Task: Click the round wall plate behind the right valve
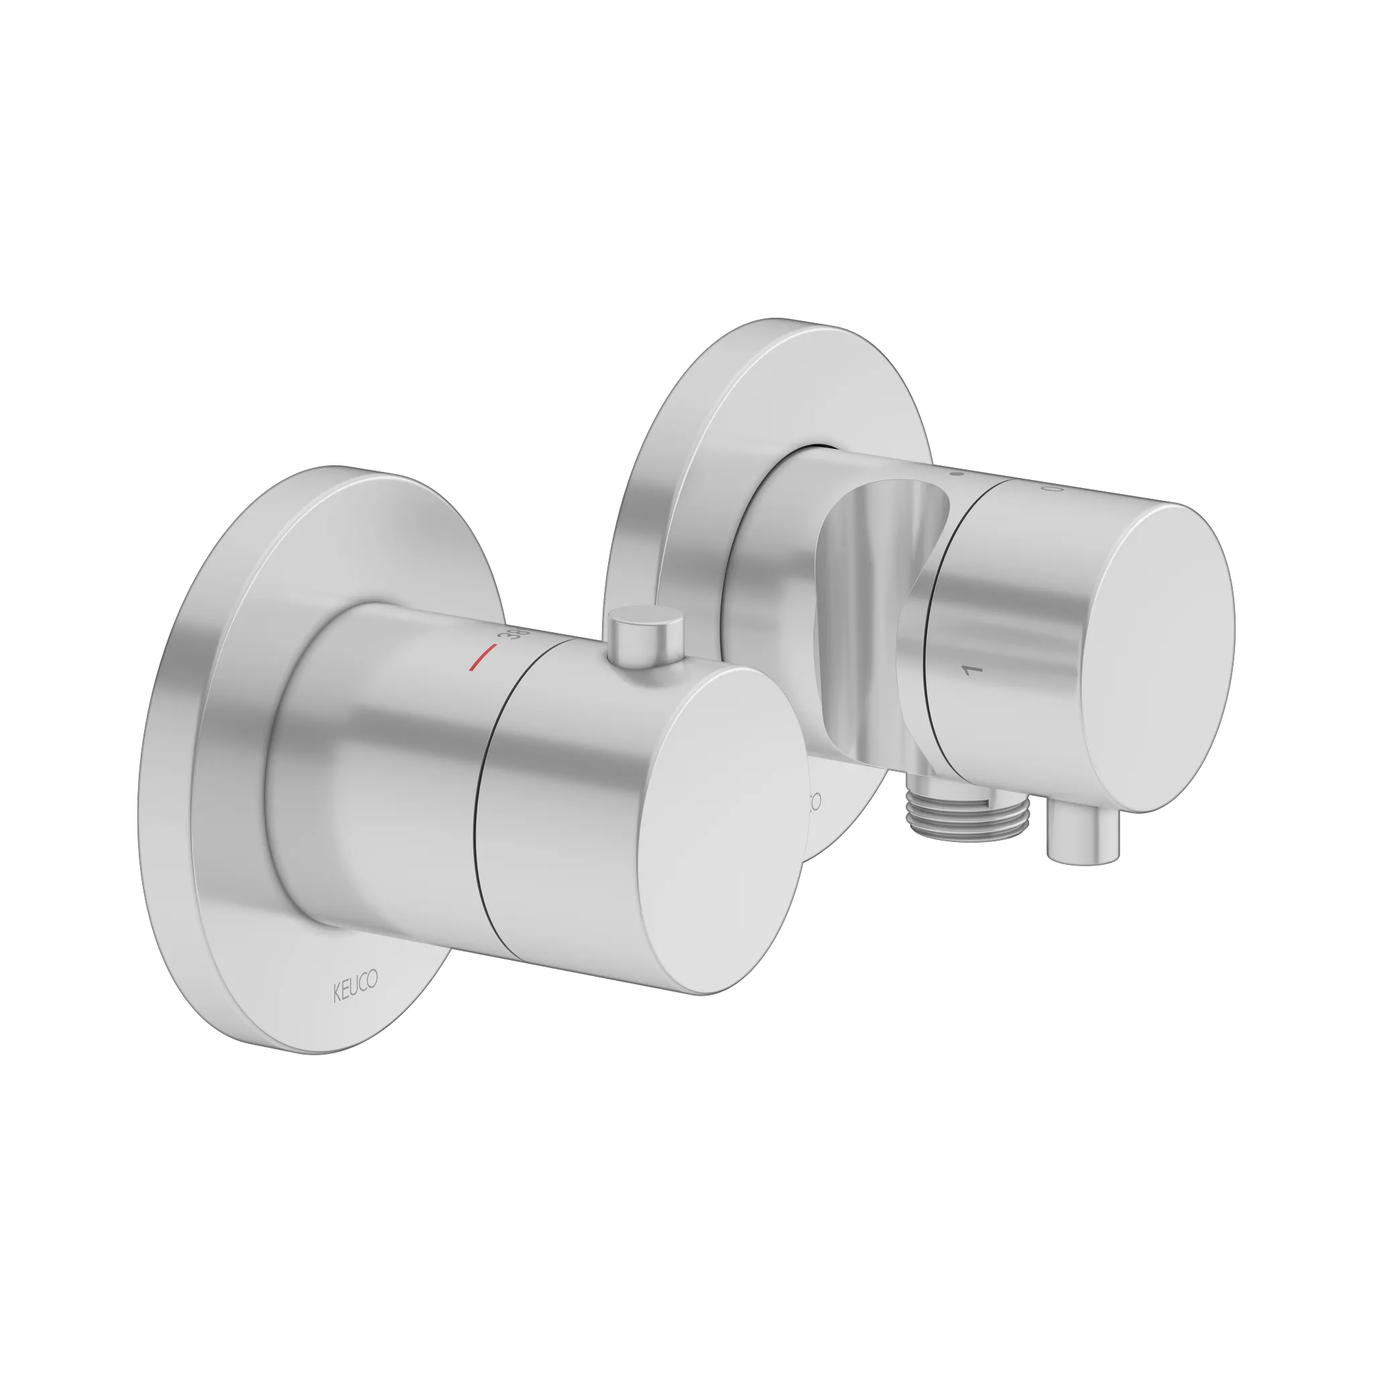[x=682, y=426]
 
